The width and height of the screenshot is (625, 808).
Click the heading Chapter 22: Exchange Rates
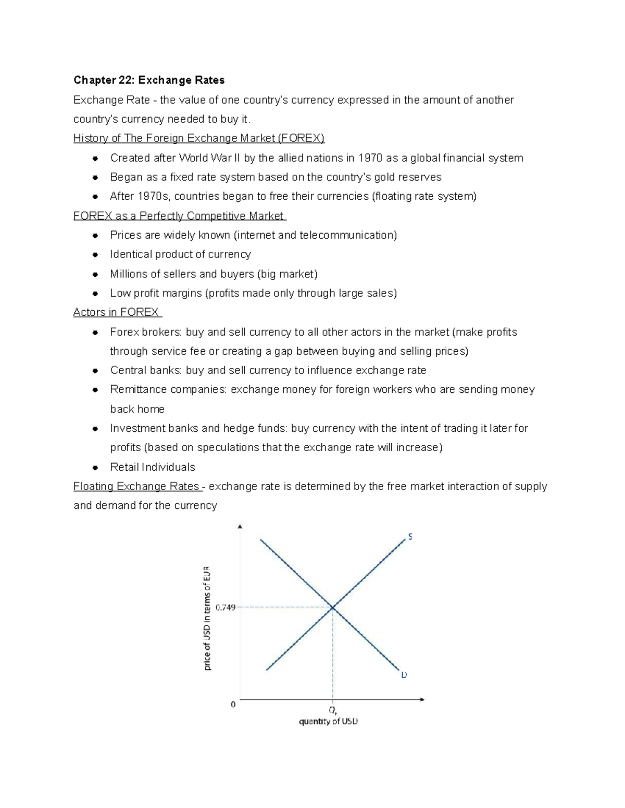click(x=149, y=80)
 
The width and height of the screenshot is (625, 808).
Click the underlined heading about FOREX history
click(x=198, y=138)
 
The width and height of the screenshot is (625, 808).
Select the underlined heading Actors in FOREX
click(x=117, y=312)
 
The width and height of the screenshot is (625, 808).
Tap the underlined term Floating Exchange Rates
click(x=137, y=486)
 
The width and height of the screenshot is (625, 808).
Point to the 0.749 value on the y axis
click(x=225, y=607)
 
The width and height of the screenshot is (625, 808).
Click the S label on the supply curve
click(x=410, y=537)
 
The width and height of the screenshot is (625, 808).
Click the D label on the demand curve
click(x=404, y=675)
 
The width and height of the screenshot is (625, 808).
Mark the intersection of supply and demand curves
click(x=332, y=607)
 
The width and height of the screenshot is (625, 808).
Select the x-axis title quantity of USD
click(x=328, y=722)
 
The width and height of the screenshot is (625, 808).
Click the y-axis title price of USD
click(x=207, y=618)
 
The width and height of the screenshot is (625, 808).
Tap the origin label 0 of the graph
click(x=233, y=704)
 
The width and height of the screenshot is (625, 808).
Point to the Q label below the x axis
click(x=332, y=710)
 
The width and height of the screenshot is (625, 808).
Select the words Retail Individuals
click(x=153, y=467)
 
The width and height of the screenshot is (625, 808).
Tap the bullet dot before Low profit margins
click(x=95, y=293)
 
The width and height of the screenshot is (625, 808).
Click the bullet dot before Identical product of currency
click(x=95, y=254)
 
